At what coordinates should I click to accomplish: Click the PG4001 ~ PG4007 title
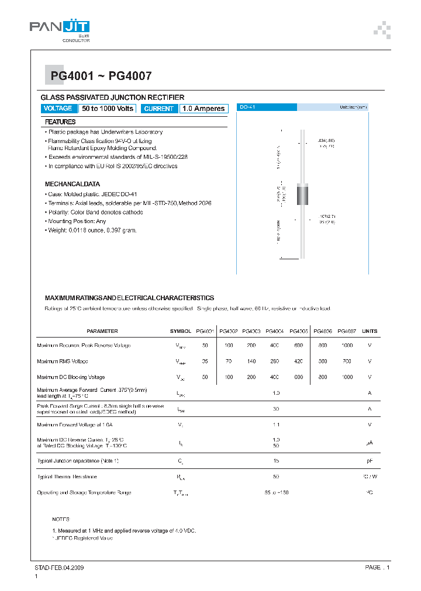coord(101,75)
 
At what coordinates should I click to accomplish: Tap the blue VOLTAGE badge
coord(58,109)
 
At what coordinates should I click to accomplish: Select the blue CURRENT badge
coord(158,109)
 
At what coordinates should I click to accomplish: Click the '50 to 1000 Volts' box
coord(108,109)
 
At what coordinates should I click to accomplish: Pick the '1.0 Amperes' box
coord(203,109)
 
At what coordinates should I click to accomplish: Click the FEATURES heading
coord(60,122)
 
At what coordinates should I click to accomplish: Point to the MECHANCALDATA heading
coord(72,184)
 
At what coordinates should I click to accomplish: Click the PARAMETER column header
coord(102,331)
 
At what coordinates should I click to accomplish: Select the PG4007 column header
coord(347,331)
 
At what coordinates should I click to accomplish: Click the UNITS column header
coord(370,331)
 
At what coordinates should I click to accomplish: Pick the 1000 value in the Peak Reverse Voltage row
coord(347,346)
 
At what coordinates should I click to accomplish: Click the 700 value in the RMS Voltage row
coord(347,361)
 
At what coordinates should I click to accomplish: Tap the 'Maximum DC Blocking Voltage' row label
coord(71,377)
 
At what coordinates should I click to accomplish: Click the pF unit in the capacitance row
coord(370,461)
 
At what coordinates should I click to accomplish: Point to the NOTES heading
coord(61,519)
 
